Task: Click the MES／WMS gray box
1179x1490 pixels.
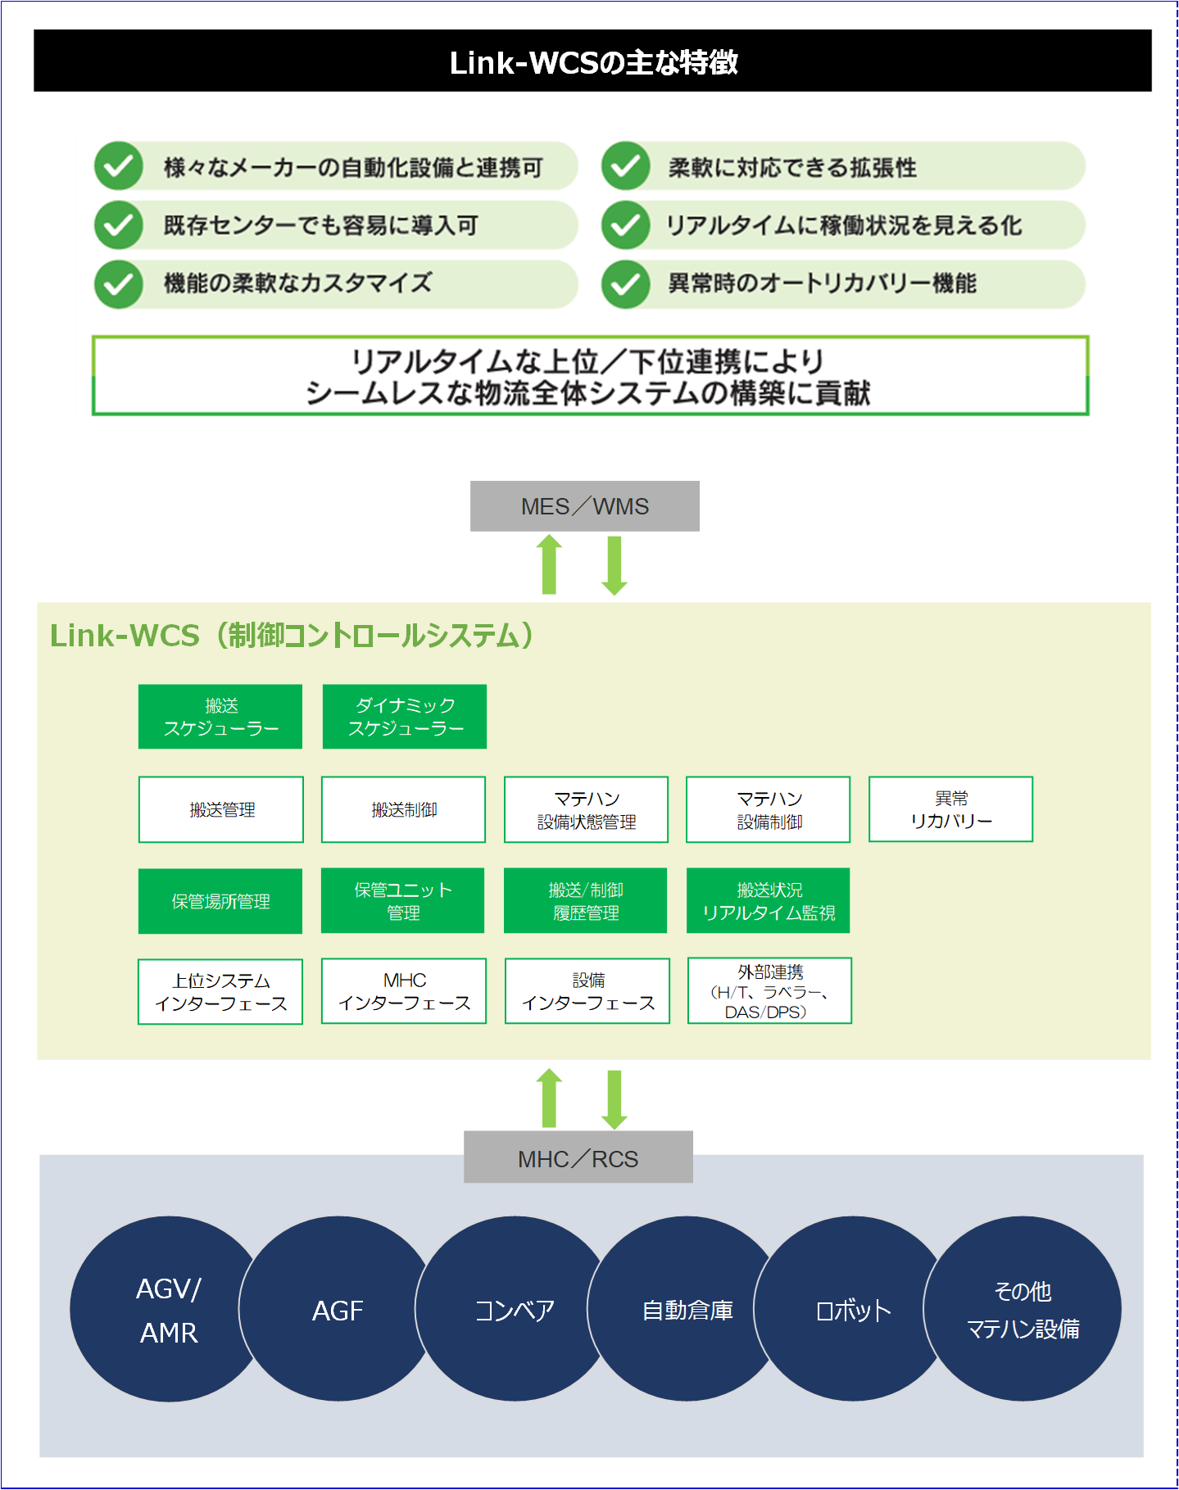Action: [x=585, y=506]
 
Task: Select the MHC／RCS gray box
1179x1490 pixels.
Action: [x=578, y=1157]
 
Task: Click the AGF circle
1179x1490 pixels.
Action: [x=337, y=1310]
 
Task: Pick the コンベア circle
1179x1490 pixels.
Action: [x=514, y=1310]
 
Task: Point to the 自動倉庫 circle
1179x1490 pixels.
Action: [x=687, y=1310]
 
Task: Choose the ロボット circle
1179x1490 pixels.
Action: [x=853, y=1310]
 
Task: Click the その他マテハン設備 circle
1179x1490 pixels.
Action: [x=1023, y=1309]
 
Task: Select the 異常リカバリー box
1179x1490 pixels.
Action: [x=950, y=809]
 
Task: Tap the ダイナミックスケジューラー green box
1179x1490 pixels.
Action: [x=405, y=717]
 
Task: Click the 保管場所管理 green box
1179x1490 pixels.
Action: [x=220, y=901]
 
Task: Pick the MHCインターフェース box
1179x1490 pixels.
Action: [x=404, y=991]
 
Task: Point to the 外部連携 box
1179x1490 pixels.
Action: [x=769, y=991]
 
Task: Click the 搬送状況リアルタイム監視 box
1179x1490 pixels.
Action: [x=769, y=901]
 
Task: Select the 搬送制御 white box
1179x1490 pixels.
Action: [x=403, y=809]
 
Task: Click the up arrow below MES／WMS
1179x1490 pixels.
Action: [x=550, y=564]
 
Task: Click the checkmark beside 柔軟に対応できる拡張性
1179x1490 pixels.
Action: [x=626, y=166]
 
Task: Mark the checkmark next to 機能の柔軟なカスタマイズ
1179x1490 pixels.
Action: [x=119, y=283]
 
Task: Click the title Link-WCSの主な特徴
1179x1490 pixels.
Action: [x=593, y=63]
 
